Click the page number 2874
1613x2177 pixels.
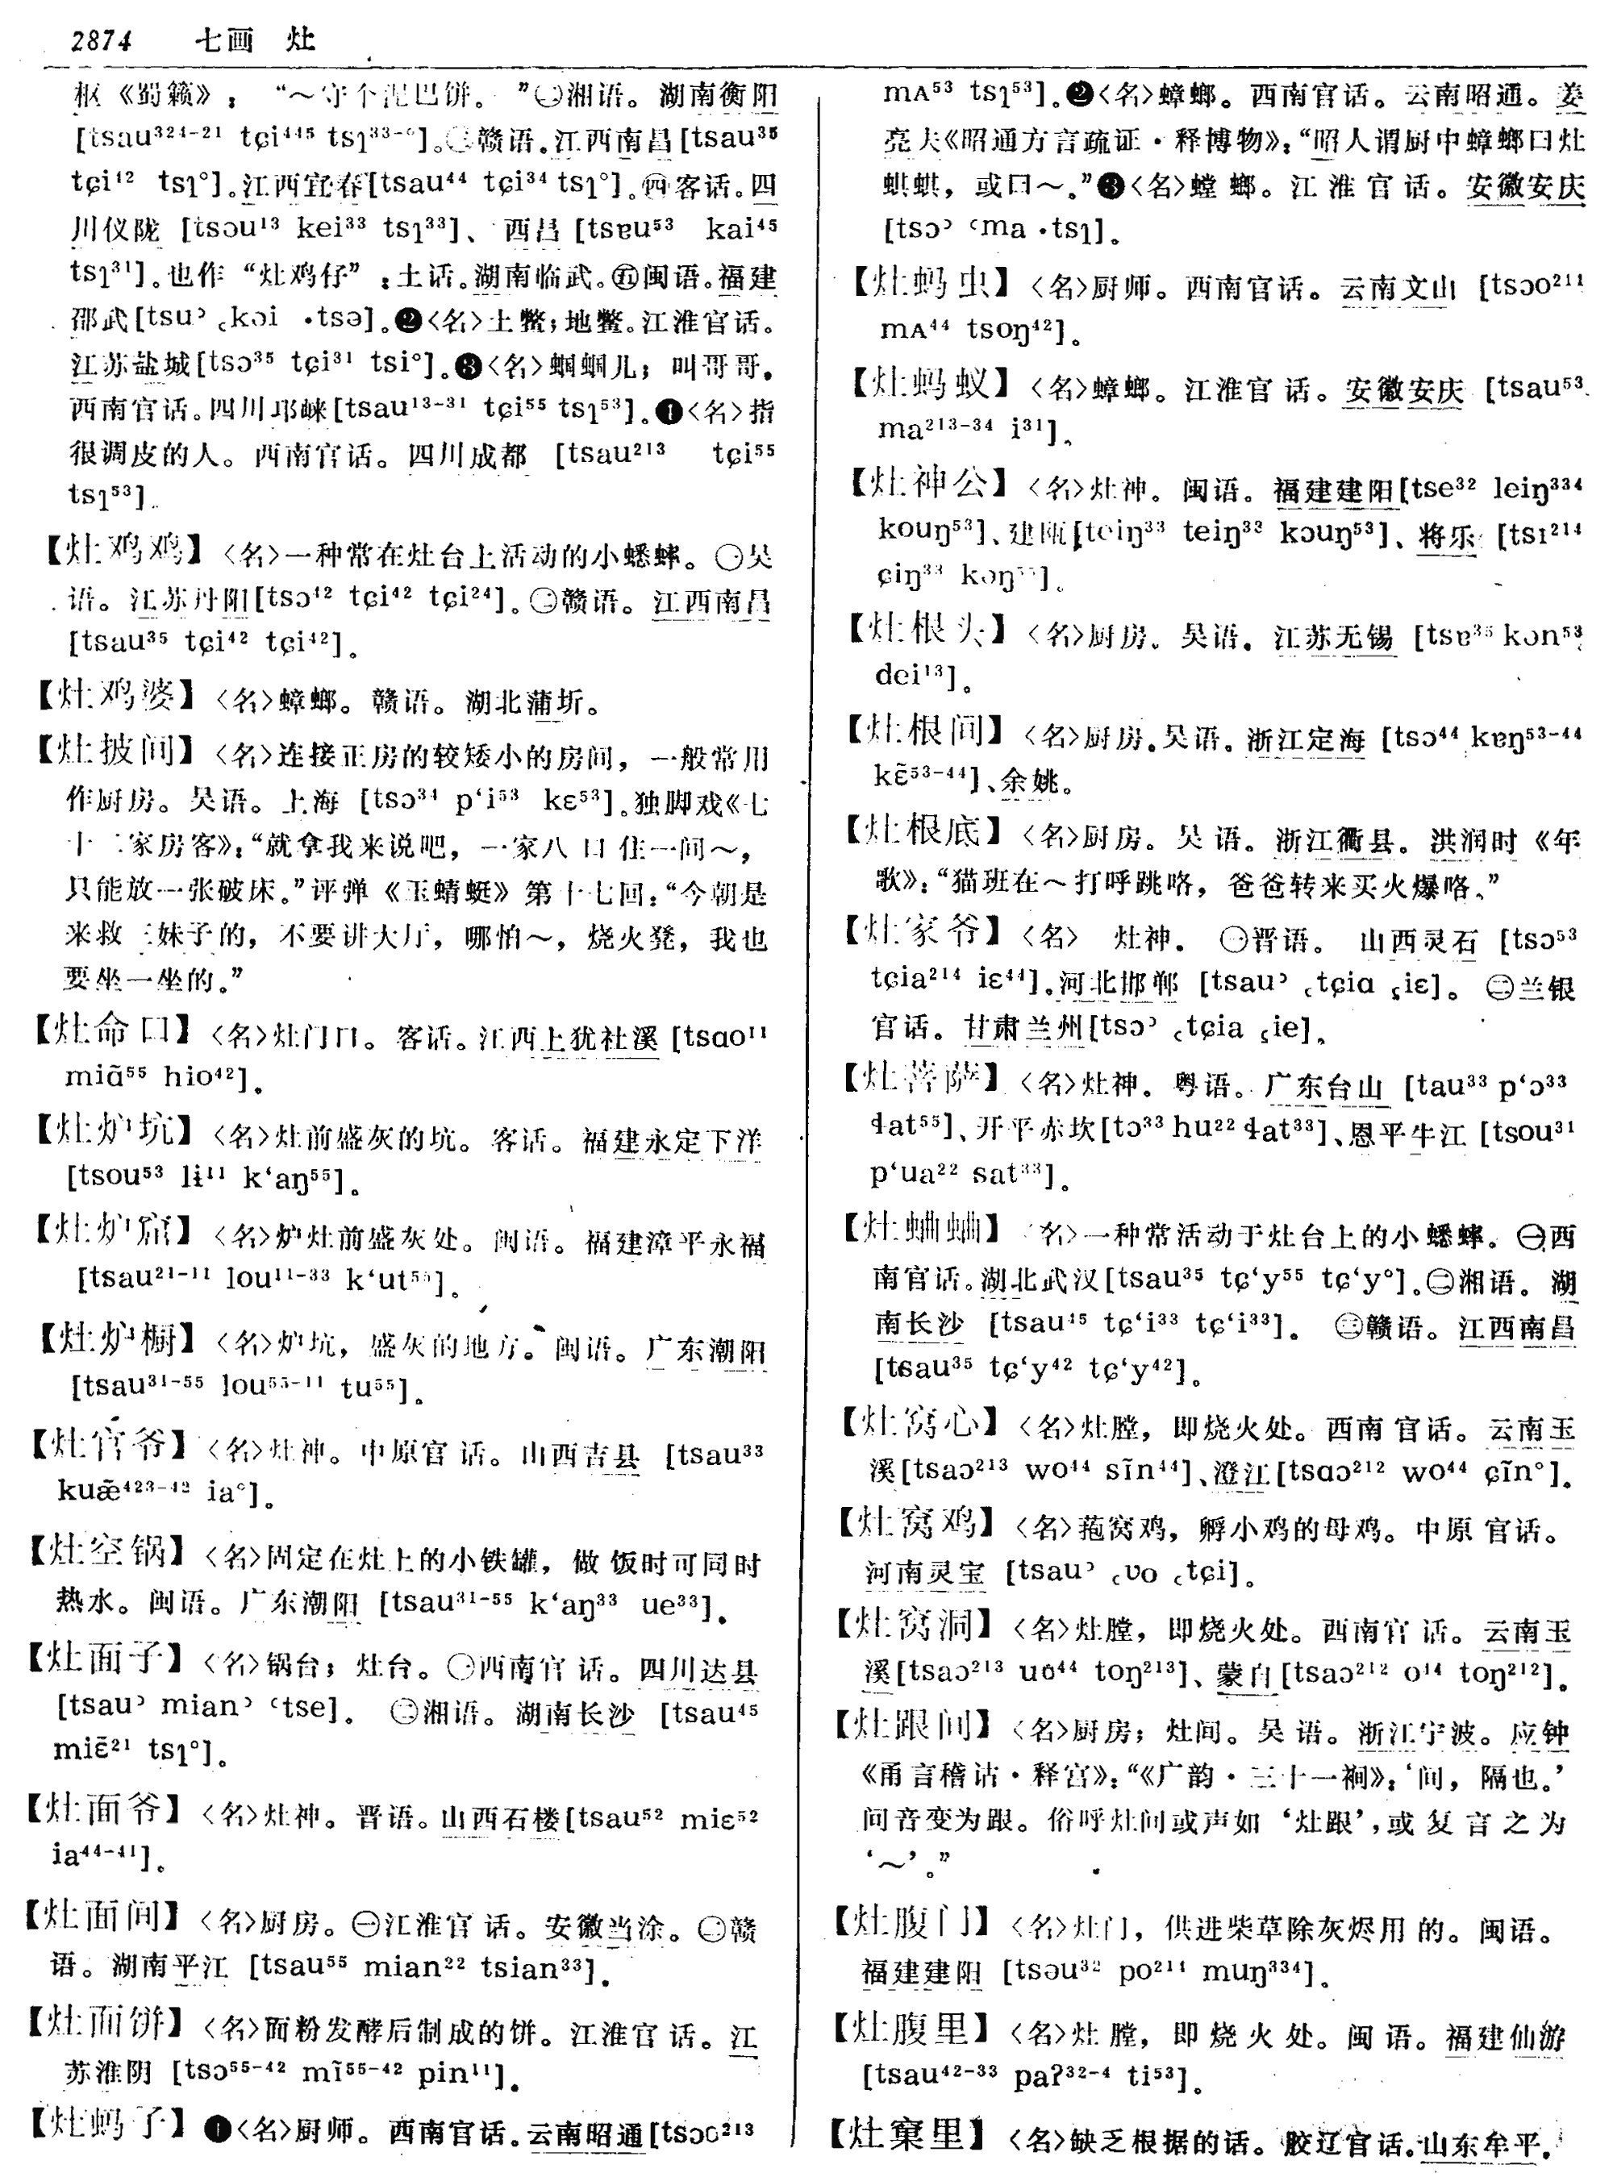102,41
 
